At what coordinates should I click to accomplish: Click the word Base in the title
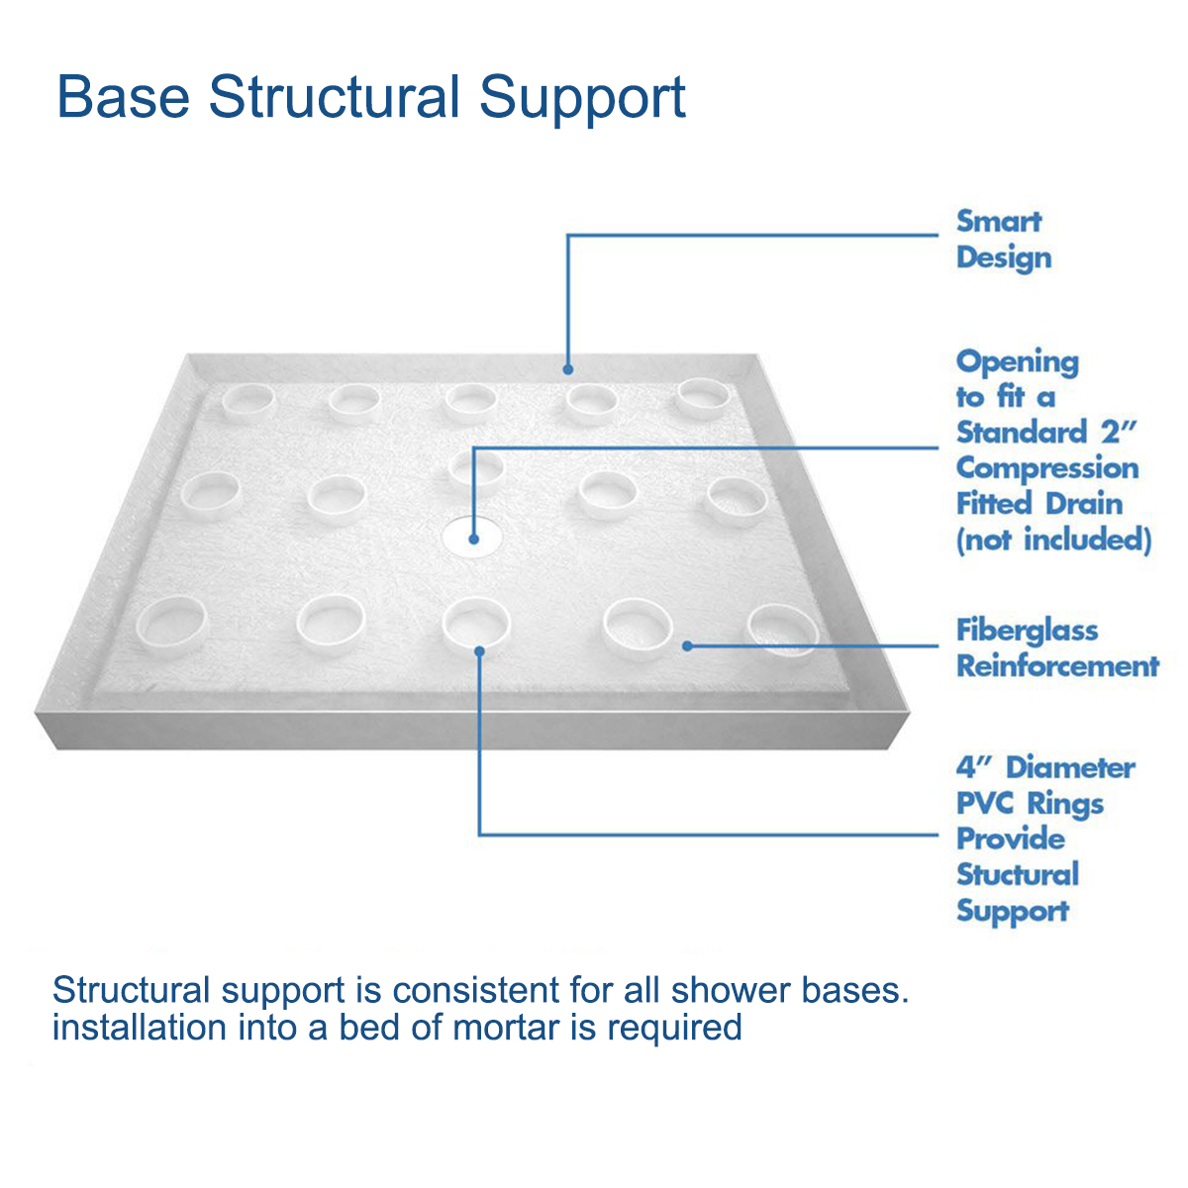pos(123,97)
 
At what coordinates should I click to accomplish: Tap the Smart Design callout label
pos(1002,240)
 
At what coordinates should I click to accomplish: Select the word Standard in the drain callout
pos(1022,433)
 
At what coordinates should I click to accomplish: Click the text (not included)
pos(1053,540)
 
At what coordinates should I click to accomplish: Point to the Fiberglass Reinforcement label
pos(1056,647)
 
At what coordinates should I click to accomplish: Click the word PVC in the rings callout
pos(984,803)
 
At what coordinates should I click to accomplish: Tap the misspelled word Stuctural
pos(1017,874)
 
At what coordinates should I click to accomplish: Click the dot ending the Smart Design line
pos(568,370)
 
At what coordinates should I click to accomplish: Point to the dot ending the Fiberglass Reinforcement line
pos(687,646)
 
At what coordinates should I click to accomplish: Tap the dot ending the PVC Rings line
pos(480,650)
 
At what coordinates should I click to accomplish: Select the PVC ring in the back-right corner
pos(704,397)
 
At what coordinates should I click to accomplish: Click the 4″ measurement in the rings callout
pos(973,767)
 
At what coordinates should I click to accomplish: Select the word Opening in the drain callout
pos(1017,362)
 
